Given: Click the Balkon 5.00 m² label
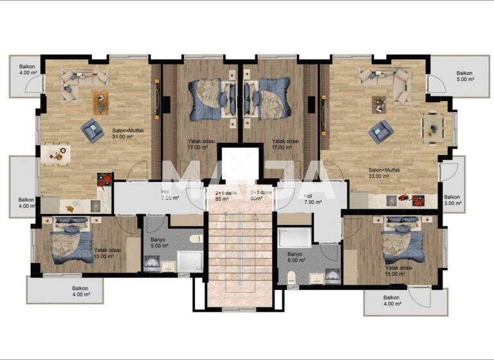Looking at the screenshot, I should point(464,76).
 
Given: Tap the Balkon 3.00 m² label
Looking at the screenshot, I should point(453,201).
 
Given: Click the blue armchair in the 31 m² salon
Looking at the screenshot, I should point(92,131).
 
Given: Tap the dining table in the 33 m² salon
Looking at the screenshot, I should point(432,124).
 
